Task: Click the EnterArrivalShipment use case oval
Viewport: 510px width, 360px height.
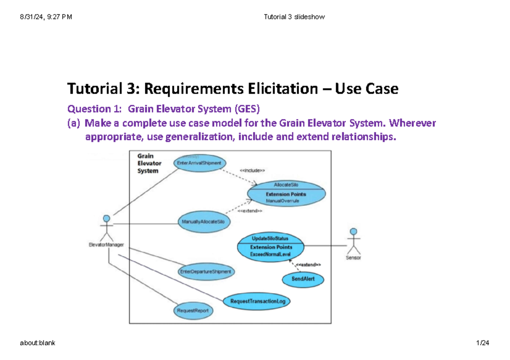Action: pyautogui.click(x=200, y=163)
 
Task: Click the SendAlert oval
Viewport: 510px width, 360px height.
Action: pyautogui.click(x=303, y=279)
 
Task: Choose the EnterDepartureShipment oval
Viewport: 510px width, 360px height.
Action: pyautogui.click(x=206, y=271)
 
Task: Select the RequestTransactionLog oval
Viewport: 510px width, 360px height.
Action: pyautogui.click(x=257, y=301)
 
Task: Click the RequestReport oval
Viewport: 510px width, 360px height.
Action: pyautogui.click(x=193, y=311)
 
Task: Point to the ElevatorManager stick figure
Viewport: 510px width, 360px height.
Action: pyautogui.click(x=106, y=229)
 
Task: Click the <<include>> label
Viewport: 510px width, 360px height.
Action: pyautogui.click(x=252, y=170)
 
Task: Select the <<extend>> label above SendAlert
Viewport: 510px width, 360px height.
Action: pyautogui.click(x=308, y=265)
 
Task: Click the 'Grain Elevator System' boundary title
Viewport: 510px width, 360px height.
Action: pyautogui.click(x=149, y=163)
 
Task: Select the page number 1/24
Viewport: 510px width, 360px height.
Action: pyautogui.click(x=483, y=343)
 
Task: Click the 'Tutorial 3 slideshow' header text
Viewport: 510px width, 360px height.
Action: pyautogui.click(x=294, y=17)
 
